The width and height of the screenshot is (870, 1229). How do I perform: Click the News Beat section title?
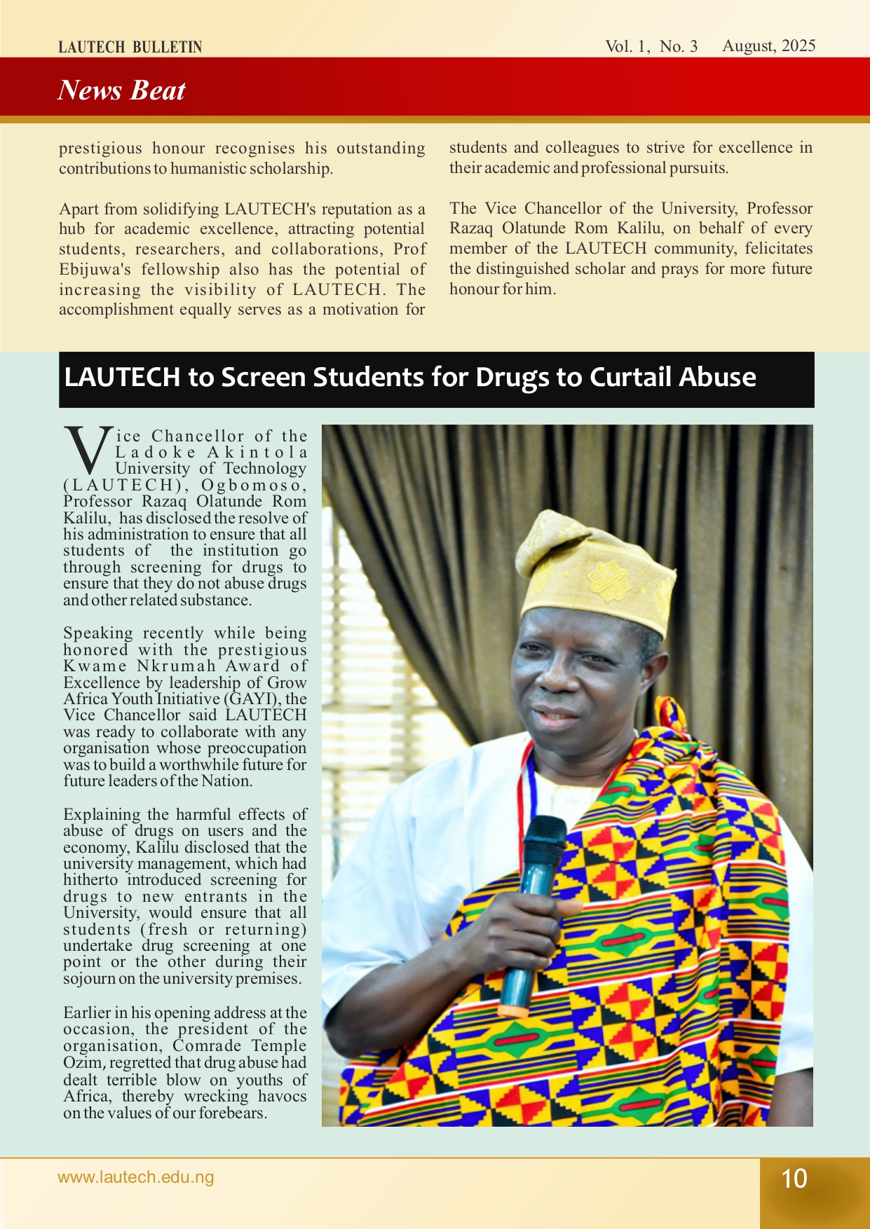tap(121, 90)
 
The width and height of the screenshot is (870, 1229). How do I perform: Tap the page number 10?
tap(794, 1179)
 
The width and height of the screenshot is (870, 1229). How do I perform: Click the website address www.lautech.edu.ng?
tap(135, 1177)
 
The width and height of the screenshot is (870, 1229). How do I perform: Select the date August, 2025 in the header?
tap(768, 46)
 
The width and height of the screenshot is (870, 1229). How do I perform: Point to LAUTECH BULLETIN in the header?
tap(130, 48)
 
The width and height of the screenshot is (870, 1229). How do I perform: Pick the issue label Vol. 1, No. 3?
tap(651, 46)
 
